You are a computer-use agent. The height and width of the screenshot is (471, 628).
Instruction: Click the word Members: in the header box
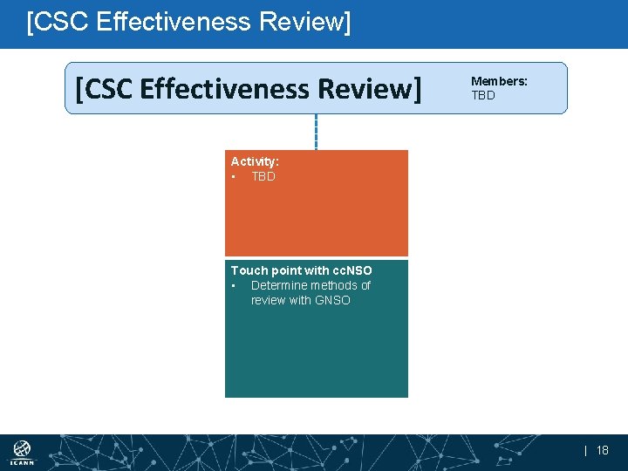[x=499, y=81]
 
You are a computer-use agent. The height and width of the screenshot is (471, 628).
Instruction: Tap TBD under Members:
[x=483, y=95]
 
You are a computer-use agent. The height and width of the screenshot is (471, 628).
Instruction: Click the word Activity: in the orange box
[x=255, y=161]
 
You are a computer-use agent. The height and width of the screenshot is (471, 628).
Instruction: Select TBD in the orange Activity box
[x=263, y=176]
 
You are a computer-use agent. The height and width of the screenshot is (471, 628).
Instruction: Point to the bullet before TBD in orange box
[x=234, y=177]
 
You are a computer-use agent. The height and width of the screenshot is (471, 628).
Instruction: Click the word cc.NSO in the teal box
[x=352, y=270]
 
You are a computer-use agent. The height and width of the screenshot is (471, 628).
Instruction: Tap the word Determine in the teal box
[x=279, y=285]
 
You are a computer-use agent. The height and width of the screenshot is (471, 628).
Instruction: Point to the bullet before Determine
[x=234, y=286]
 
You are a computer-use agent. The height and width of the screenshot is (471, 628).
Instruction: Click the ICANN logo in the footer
[x=22, y=453]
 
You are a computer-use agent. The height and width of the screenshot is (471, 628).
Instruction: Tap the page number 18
[x=603, y=451]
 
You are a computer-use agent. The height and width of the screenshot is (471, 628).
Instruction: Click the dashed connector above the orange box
[x=316, y=132]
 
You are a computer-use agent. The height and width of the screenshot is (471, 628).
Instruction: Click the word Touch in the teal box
[x=248, y=270]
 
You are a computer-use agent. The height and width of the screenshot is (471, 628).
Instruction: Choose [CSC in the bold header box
[x=104, y=88]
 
